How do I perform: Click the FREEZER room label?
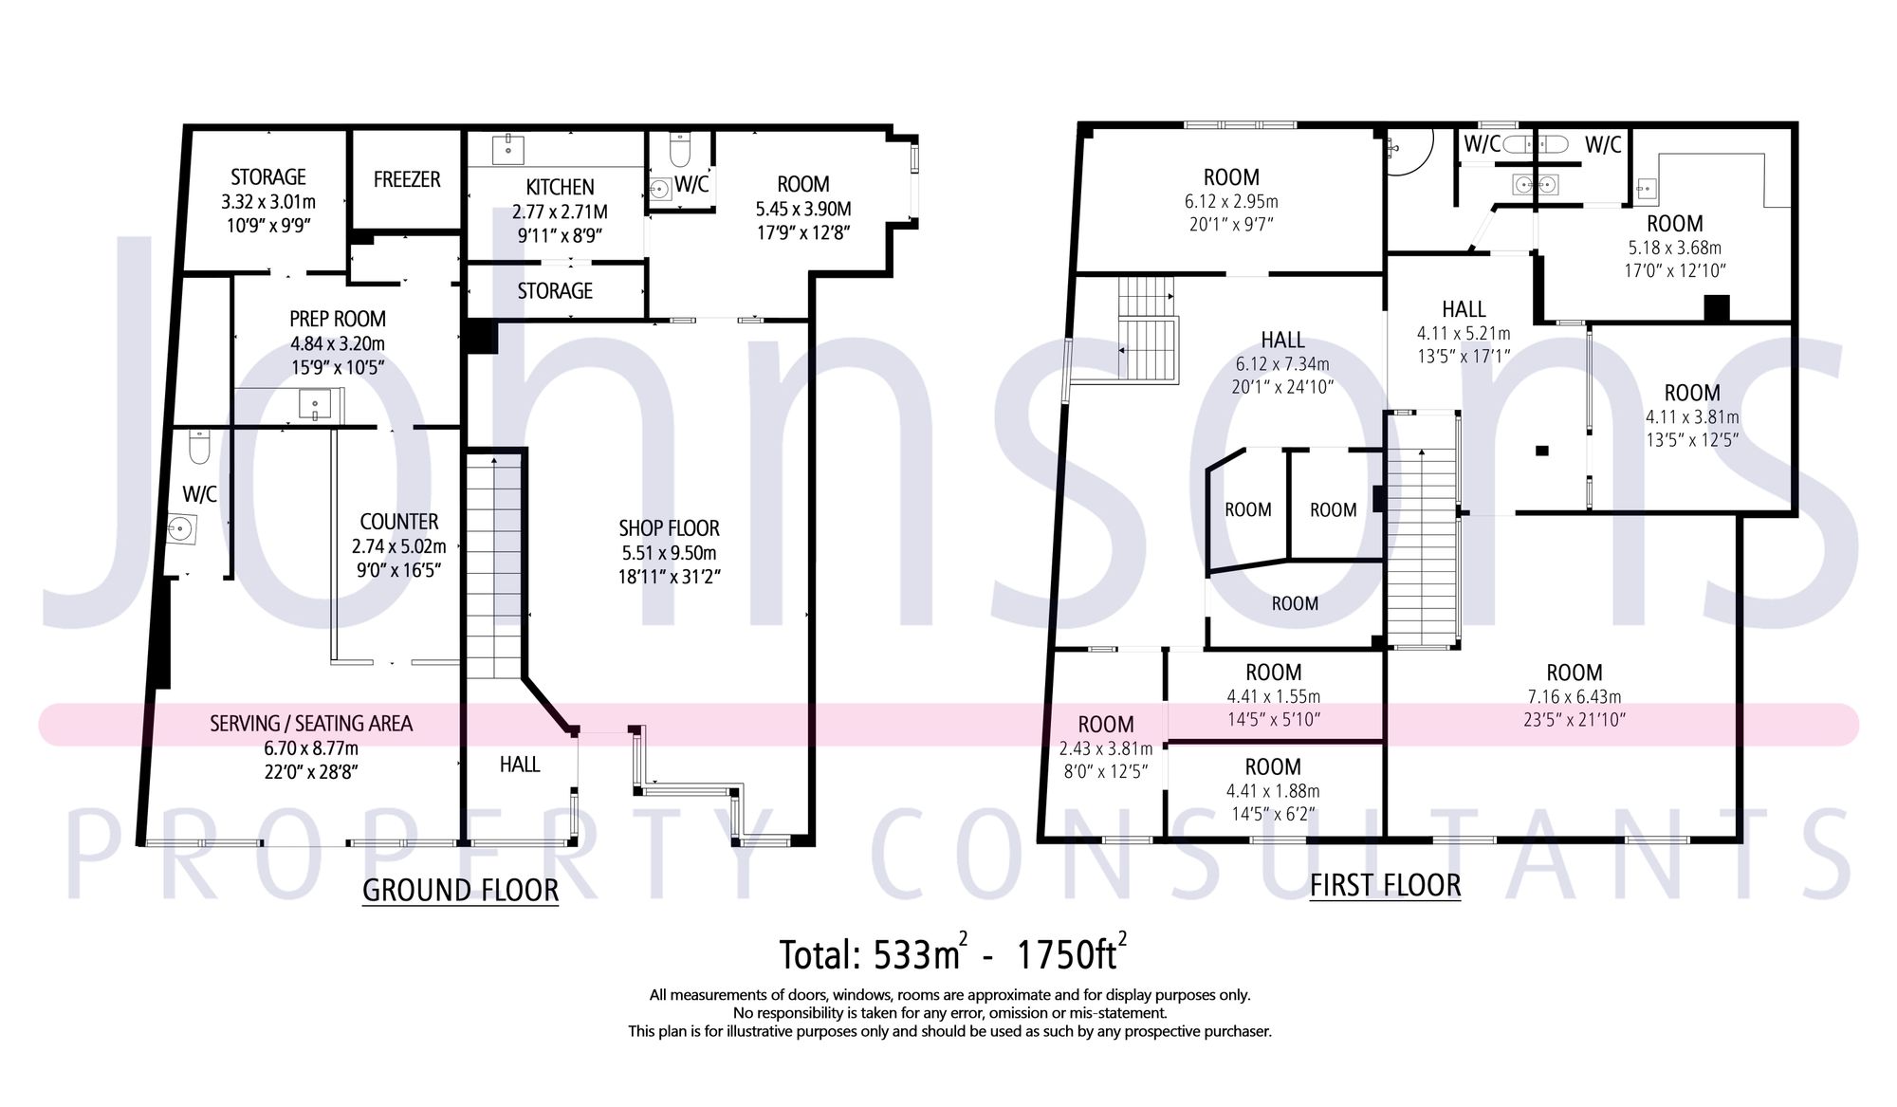coord(407,179)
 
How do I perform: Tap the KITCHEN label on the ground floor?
coord(560,187)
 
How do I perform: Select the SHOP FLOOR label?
coord(669,528)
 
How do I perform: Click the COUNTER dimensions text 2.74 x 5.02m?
coord(398,546)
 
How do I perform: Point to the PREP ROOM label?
coord(338,319)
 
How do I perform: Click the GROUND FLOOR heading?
coord(460,890)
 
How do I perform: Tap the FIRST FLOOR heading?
coord(1385,885)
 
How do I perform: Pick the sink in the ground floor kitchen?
coord(509,147)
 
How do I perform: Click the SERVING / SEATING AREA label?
coord(311,724)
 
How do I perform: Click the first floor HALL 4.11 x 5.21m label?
coord(1464,309)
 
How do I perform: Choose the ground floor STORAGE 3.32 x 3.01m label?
coord(268,177)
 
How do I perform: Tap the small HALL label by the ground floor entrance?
coord(520,765)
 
